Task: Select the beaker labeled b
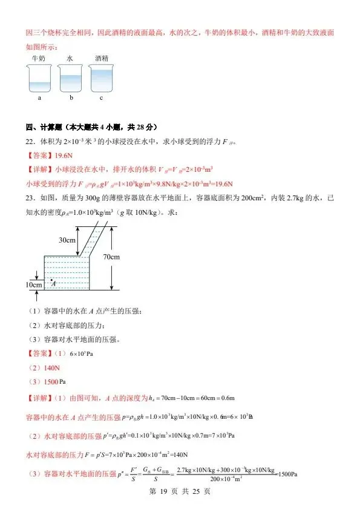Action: (71, 79)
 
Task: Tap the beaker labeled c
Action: (101, 79)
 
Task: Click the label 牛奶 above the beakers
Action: (38, 58)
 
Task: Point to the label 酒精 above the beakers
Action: (102, 58)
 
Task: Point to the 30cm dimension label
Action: (67, 240)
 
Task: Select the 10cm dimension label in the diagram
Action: (34, 284)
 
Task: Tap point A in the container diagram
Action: (53, 282)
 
